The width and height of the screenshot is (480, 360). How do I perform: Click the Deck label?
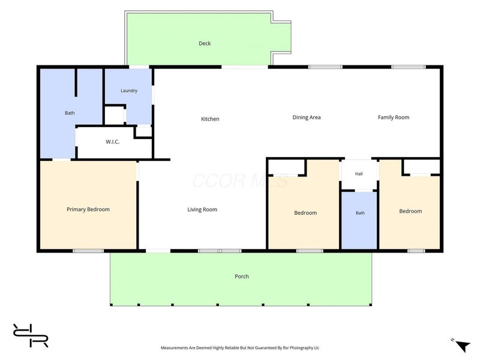[x=205, y=43]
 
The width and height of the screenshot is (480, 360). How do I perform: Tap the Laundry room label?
[x=129, y=91]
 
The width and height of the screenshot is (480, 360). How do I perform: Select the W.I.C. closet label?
[x=113, y=142]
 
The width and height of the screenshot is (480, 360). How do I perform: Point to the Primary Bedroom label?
[x=88, y=209]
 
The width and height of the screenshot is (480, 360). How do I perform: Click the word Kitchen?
[x=210, y=119]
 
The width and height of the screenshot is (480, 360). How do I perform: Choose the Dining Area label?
[x=307, y=117]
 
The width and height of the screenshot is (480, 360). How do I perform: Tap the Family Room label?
[x=394, y=117]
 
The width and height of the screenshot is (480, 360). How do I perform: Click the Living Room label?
[x=202, y=209]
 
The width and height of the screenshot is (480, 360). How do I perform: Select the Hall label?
[x=359, y=174]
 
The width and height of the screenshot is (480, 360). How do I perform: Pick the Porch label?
[x=242, y=277]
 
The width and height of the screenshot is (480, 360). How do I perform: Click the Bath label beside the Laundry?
[x=70, y=113]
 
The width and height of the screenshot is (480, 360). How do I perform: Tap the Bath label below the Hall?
[x=360, y=213]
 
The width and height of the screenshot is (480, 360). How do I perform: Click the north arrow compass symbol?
[x=463, y=346]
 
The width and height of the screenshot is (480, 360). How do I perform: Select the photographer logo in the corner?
[x=31, y=335]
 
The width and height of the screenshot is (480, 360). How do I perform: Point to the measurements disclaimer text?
[x=240, y=348]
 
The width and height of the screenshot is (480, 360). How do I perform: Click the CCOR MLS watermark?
[x=241, y=181]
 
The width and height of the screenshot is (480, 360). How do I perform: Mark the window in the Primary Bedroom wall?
[x=88, y=251]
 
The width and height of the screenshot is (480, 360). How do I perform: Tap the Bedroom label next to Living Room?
[x=305, y=213]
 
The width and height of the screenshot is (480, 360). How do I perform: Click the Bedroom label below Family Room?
[x=410, y=211]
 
